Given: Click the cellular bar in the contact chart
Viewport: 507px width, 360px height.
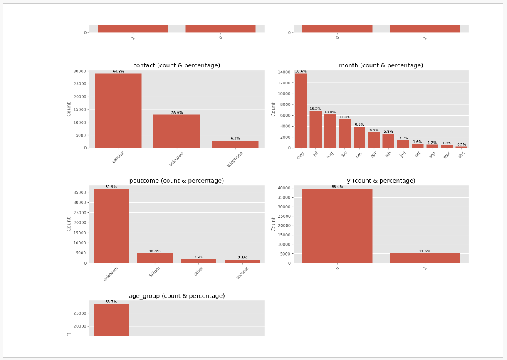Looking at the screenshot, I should click(x=118, y=111).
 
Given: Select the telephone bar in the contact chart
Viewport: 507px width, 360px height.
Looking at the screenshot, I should click(x=235, y=144).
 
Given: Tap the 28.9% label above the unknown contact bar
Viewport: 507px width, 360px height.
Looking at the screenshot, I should click(x=177, y=113).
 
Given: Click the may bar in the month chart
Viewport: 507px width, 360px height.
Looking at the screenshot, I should click(x=301, y=111).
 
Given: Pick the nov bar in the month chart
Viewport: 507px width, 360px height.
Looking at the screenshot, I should click(x=359, y=137).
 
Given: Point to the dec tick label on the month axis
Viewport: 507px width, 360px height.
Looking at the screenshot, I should click(x=461, y=154).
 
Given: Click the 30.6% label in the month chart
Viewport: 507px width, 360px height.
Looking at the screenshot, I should click(x=301, y=72).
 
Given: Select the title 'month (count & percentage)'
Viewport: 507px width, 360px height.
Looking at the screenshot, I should click(x=381, y=65).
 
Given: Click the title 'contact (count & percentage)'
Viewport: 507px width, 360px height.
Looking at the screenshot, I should click(x=176, y=65).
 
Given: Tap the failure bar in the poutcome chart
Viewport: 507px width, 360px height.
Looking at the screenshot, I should click(x=155, y=258).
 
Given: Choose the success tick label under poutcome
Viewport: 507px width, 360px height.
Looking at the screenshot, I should click(x=242, y=273).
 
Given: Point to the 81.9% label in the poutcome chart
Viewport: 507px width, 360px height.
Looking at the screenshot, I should click(x=111, y=187).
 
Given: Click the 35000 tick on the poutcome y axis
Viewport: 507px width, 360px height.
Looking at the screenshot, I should click(x=80, y=192).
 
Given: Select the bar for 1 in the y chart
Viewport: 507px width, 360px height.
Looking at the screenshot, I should click(x=425, y=258).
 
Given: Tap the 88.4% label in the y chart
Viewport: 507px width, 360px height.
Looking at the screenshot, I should click(x=337, y=187).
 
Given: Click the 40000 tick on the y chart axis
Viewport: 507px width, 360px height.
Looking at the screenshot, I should click(x=284, y=188).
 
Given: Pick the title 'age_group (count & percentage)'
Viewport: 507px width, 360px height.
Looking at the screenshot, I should click(x=176, y=296).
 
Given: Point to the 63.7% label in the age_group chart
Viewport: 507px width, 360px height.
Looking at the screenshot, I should click(x=111, y=302).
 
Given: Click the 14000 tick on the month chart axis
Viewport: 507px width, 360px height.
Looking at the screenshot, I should click(x=284, y=72).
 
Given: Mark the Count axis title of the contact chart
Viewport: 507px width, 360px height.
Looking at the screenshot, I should click(x=69, y=109).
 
